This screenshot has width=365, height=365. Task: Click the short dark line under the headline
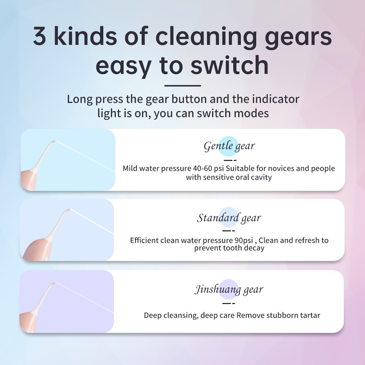pyautogui.click(x=182, y=86)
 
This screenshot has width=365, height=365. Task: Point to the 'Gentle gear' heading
pyautogui.click(x=229, y=146)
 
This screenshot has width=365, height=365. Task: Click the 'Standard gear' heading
pyautogui.click(x=229, y=218)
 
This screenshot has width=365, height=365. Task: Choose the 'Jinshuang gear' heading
pyautogui.click(x=229, y=289)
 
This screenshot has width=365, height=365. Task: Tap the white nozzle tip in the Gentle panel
pyautogui.click(x=53, y=141)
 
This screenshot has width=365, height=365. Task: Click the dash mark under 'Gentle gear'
pyautogui.click(x=230, y=160)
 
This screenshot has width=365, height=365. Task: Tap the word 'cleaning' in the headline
pyautogui.click(x=206, y=36)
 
